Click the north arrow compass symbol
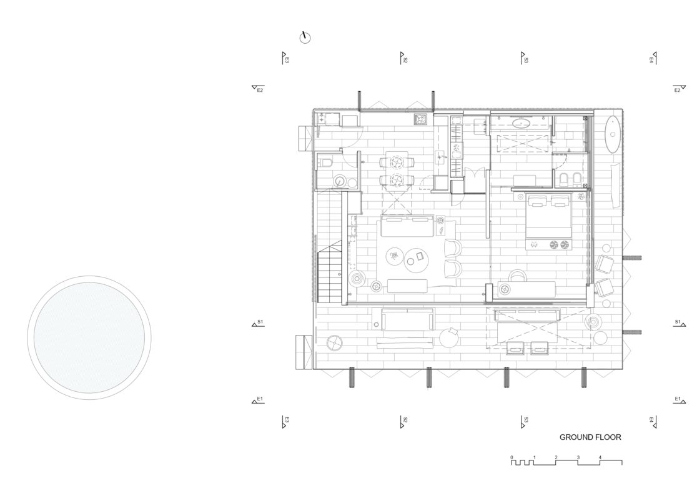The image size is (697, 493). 305,37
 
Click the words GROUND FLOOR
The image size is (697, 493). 590,437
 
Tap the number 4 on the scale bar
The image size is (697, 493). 600,457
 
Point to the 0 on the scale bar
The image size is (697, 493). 512,457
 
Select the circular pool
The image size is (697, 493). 89,337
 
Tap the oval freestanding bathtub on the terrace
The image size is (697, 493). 614,134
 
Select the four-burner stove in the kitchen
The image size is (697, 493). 420,119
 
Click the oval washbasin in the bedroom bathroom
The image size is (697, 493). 520,123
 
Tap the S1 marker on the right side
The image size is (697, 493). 679,323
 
